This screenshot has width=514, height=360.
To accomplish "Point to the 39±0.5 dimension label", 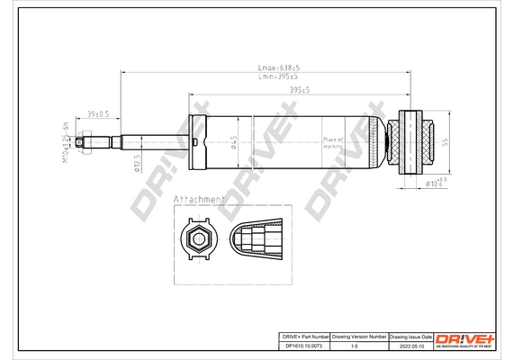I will (x=97, y=114).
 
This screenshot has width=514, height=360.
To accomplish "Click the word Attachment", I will (x=199, y=198).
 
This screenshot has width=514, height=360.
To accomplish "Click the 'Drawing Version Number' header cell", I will (x=359, y=335).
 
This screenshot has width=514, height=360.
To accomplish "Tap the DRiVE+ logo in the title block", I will (x=464, y=338).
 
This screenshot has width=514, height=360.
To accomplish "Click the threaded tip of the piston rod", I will (x=83, y=140).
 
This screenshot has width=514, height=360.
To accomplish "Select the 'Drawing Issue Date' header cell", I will (x=410, y=335).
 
